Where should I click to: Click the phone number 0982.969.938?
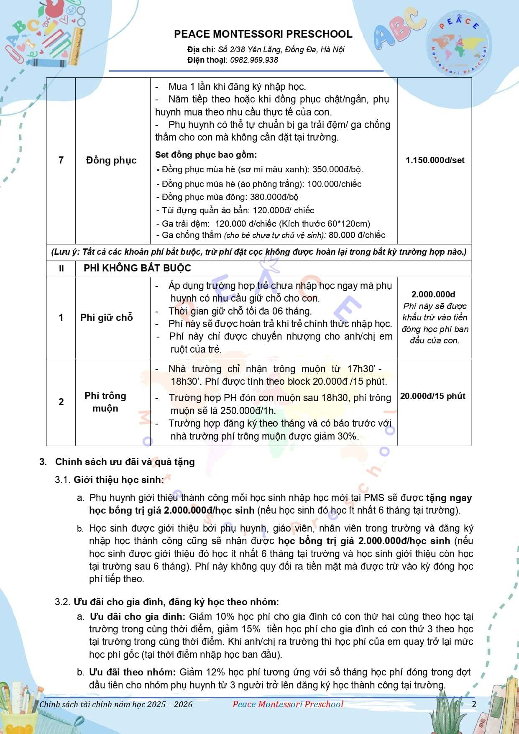254,60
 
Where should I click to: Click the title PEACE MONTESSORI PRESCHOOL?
263,34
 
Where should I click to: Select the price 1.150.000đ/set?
435,160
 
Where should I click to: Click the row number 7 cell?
61,160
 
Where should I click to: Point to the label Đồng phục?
111,160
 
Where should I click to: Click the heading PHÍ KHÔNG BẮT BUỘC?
137,268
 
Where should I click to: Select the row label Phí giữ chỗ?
107,317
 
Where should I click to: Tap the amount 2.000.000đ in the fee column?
433,294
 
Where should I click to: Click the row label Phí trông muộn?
105,402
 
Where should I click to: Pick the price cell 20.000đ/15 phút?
433,396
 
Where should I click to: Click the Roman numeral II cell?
61,269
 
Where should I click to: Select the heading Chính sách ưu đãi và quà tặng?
125,462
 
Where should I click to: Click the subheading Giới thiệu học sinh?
118,480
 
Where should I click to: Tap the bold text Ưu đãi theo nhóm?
132,672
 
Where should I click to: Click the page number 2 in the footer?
474,704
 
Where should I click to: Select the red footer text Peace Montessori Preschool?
288,704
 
